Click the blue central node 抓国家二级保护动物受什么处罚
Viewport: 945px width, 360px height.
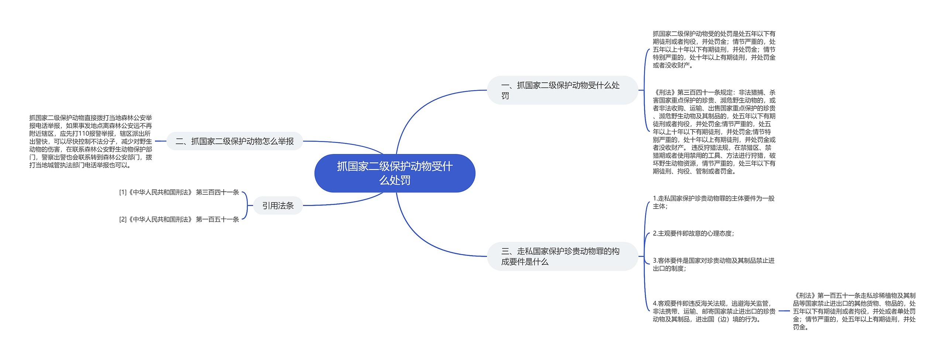click(395, 173)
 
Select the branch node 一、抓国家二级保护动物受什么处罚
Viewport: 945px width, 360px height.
click(562, 90)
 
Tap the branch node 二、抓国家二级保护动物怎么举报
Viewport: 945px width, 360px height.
click(234, 141)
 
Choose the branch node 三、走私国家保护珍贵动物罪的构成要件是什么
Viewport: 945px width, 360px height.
click(562, 256)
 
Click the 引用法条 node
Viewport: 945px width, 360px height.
click(278, 206)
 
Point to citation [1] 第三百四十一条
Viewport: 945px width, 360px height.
click(179, 192)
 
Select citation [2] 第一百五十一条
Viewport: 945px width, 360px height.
click(179, 219)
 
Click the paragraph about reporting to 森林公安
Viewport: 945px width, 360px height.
click(90, 141)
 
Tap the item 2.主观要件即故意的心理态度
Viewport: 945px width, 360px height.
click(693, 233)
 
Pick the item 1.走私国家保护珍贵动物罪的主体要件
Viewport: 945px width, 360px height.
click(713, 202)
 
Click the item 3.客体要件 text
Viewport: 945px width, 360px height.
click(713, 264)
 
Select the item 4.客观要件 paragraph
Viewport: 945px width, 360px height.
click(714, 311)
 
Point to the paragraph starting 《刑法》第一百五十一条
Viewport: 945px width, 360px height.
click(854, 311)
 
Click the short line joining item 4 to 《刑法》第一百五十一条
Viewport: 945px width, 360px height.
click(784, 311)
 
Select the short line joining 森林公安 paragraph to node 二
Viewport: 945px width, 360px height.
click(161, 141)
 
